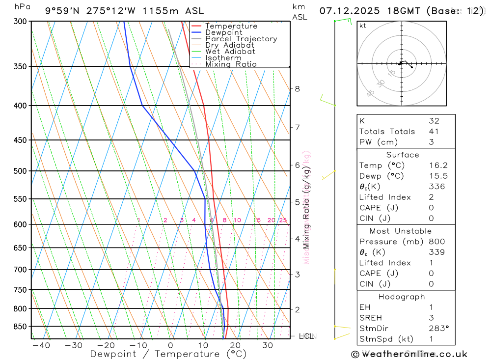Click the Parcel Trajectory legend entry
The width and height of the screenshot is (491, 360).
241,39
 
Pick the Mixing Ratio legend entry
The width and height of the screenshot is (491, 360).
231,64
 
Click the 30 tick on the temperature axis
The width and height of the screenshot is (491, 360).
268,345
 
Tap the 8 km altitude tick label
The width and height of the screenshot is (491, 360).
298,89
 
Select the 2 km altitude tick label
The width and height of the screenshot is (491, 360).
298,309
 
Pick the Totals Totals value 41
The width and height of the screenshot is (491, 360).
434,131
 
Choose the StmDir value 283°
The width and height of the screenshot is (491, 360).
437,328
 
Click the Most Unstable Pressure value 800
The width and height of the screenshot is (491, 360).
436,242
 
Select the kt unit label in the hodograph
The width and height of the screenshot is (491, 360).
363,26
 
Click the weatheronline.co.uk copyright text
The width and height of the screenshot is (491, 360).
409,354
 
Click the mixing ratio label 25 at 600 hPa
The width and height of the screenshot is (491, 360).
283,220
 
